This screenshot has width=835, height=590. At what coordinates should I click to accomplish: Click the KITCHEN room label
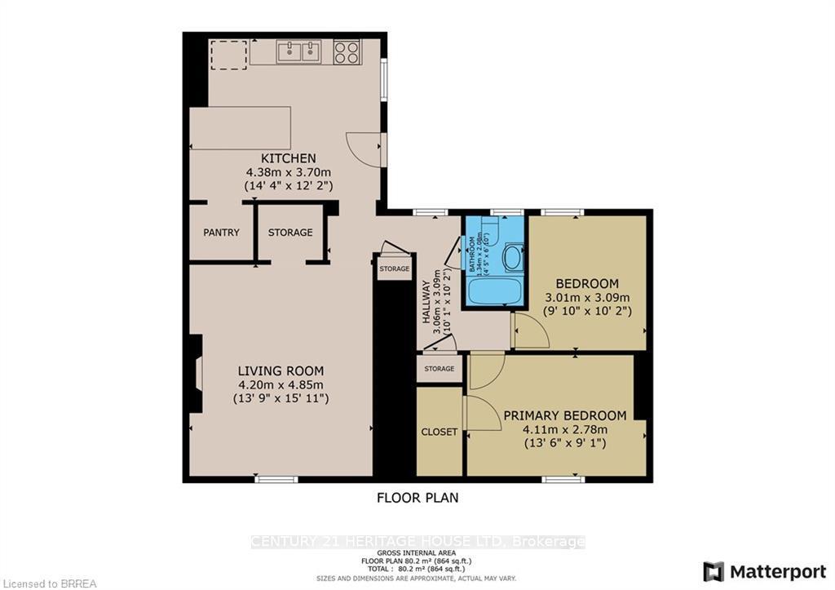point(288,158)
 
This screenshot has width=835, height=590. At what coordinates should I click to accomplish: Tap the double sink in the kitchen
point(298,53)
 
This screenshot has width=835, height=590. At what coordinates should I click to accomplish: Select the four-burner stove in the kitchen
point(347,53)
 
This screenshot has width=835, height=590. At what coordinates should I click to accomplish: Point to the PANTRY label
point(221,233)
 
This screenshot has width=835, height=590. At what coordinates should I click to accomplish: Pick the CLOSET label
point(440,432)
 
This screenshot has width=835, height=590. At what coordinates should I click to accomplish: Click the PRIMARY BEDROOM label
point(564,415)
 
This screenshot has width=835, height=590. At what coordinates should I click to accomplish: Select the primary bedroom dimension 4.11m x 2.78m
point(564,429)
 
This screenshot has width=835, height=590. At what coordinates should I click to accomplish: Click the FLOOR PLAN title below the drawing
point(417,496)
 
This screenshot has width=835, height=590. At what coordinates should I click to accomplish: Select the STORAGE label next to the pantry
point(290,233)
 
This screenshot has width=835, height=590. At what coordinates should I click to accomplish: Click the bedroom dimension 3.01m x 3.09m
point(587,297)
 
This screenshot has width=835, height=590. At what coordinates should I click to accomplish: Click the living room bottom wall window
point(276,480)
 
